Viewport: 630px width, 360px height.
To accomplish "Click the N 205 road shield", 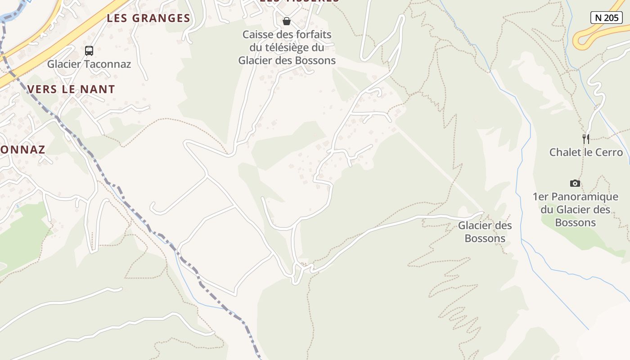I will pos(606,18).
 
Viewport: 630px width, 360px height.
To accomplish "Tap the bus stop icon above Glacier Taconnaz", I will pos(89,50).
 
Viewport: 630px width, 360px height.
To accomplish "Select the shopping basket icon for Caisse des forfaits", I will pos(286,21).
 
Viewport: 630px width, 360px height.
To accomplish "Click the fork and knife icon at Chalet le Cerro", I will pos(585,139).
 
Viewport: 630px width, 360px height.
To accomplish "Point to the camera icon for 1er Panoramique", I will pos(575,183).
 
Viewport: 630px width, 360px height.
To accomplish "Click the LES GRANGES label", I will pos(148,18).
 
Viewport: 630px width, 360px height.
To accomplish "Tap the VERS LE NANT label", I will pos(72,89).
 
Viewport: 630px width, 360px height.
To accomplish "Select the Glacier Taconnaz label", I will pos(89,64).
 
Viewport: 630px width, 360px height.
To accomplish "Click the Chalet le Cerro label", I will pos(586,152).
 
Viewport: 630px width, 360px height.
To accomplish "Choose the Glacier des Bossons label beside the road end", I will pos(485,232).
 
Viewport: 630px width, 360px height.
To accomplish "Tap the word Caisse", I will pos(257,35).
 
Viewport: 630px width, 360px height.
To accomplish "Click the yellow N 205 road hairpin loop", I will pos(580,40).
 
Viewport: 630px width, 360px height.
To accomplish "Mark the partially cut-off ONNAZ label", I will pos(22,149).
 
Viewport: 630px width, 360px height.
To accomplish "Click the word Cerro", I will pos(609,152).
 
